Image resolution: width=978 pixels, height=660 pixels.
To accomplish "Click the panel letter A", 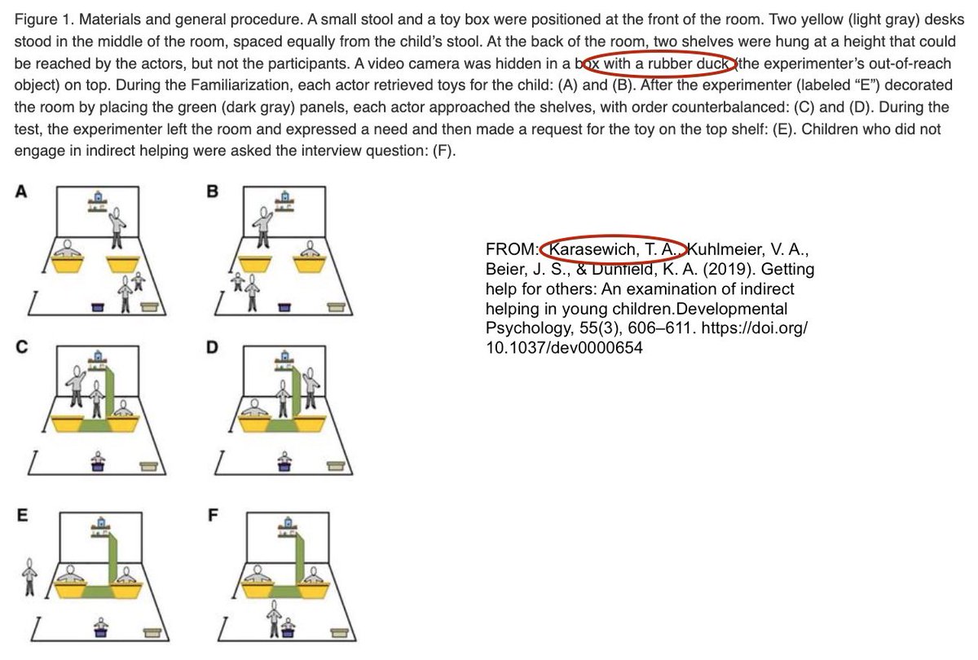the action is pyautogui.click(x=21, y=191).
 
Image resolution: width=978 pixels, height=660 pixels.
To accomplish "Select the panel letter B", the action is pyautogui.click(x=212, y=191).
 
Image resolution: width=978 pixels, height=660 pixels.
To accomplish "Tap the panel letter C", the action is pyautogui.click(x=22, y=347).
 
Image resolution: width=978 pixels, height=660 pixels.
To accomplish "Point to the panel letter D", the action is pyautogui.click(x=212, y=347).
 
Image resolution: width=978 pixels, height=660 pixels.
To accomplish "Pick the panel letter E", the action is pyautogui.click(x=22, y=515).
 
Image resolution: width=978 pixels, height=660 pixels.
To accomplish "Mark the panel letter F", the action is pyautogui.click(x=213, y=515).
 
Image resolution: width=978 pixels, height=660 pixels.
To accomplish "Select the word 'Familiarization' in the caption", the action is pyautogui.click(x=267, y=85).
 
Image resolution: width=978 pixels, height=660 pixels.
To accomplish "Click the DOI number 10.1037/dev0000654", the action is pyautogui.click(x=564, y=348).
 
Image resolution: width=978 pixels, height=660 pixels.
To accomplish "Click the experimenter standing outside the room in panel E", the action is pyautogui.click(x=29, y=577).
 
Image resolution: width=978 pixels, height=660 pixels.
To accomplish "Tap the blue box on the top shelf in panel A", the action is pyautogui.click(x=98, y=196).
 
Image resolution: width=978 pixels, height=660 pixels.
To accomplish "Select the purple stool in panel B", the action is pyautogui.click(x=284, y=307).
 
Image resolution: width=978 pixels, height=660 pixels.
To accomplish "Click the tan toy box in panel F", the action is pyautogui.click(x=339, y=632).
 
